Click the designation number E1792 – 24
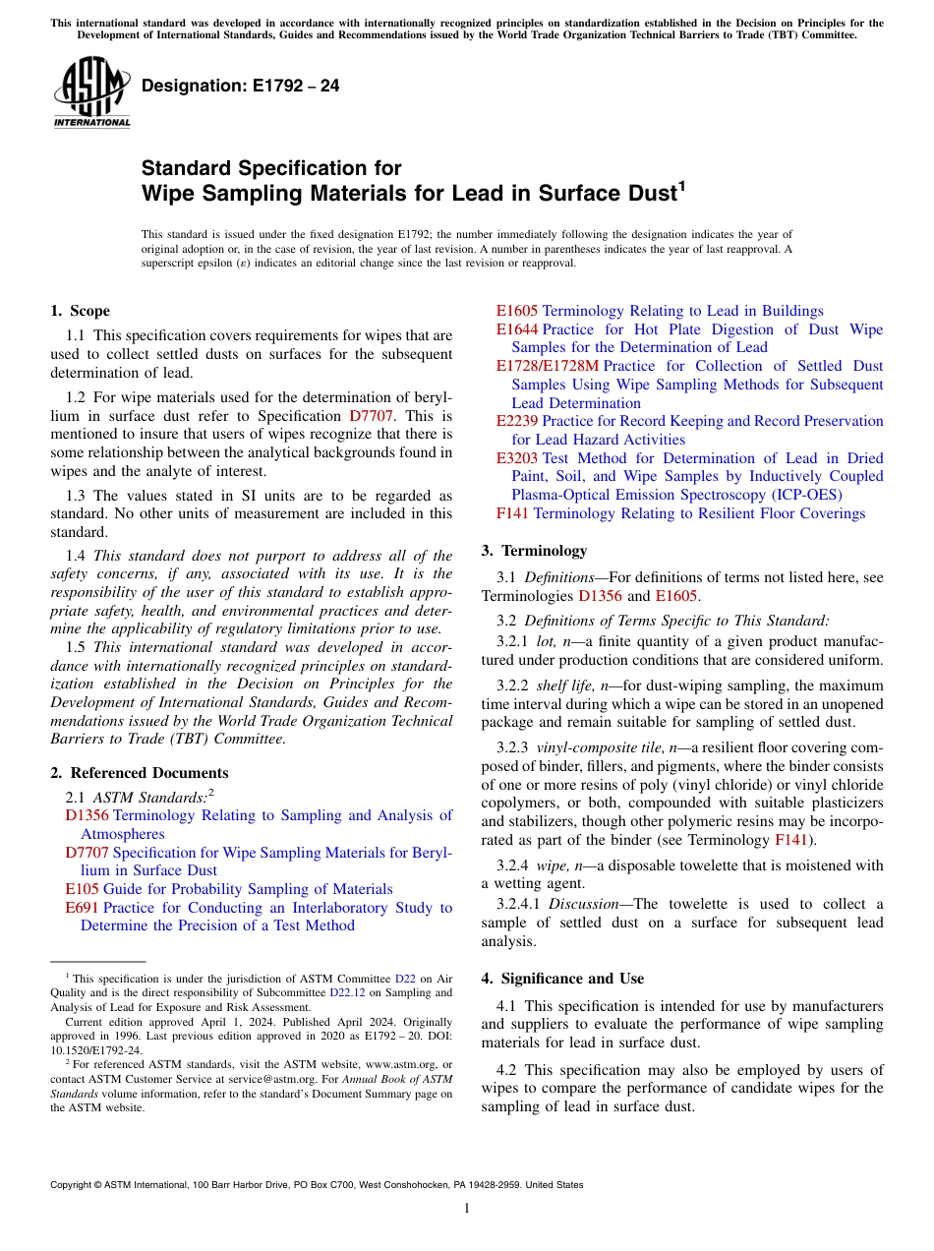click(x=241, y=87)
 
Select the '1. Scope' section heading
click(x=81, y=311)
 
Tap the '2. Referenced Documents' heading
click(x=140, y=773)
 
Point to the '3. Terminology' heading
click(x=534, y=551)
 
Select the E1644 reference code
click(x=516, y=329)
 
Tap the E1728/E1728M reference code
click(x=547, y=366)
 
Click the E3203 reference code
click(x=516, y=458)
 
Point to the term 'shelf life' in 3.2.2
click(x=565, y=685)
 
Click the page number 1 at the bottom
click(x=467, y=1209)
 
